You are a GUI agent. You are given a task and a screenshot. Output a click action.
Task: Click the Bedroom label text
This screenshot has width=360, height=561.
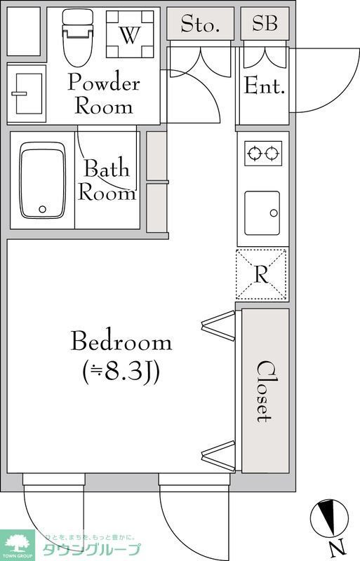point(121,342)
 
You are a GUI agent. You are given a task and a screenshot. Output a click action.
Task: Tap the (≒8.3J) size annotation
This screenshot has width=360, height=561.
point(121,372)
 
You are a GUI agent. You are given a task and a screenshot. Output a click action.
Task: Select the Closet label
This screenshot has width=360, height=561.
point(264,391)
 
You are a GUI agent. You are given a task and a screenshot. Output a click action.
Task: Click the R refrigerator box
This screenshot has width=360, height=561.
point(262,274)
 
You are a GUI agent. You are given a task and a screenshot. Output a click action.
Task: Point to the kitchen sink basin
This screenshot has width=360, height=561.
point(262,208)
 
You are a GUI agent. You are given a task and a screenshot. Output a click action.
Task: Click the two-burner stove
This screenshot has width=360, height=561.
point(262,153)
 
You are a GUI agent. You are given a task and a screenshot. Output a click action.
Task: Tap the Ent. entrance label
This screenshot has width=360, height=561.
point(264,88)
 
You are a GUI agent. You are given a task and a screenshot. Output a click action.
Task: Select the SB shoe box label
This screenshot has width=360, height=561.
point(265,24)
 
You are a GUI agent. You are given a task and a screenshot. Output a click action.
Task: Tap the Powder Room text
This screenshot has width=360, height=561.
point(103,95)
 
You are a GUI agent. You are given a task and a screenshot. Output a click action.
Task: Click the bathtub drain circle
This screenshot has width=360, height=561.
point(42,208)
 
